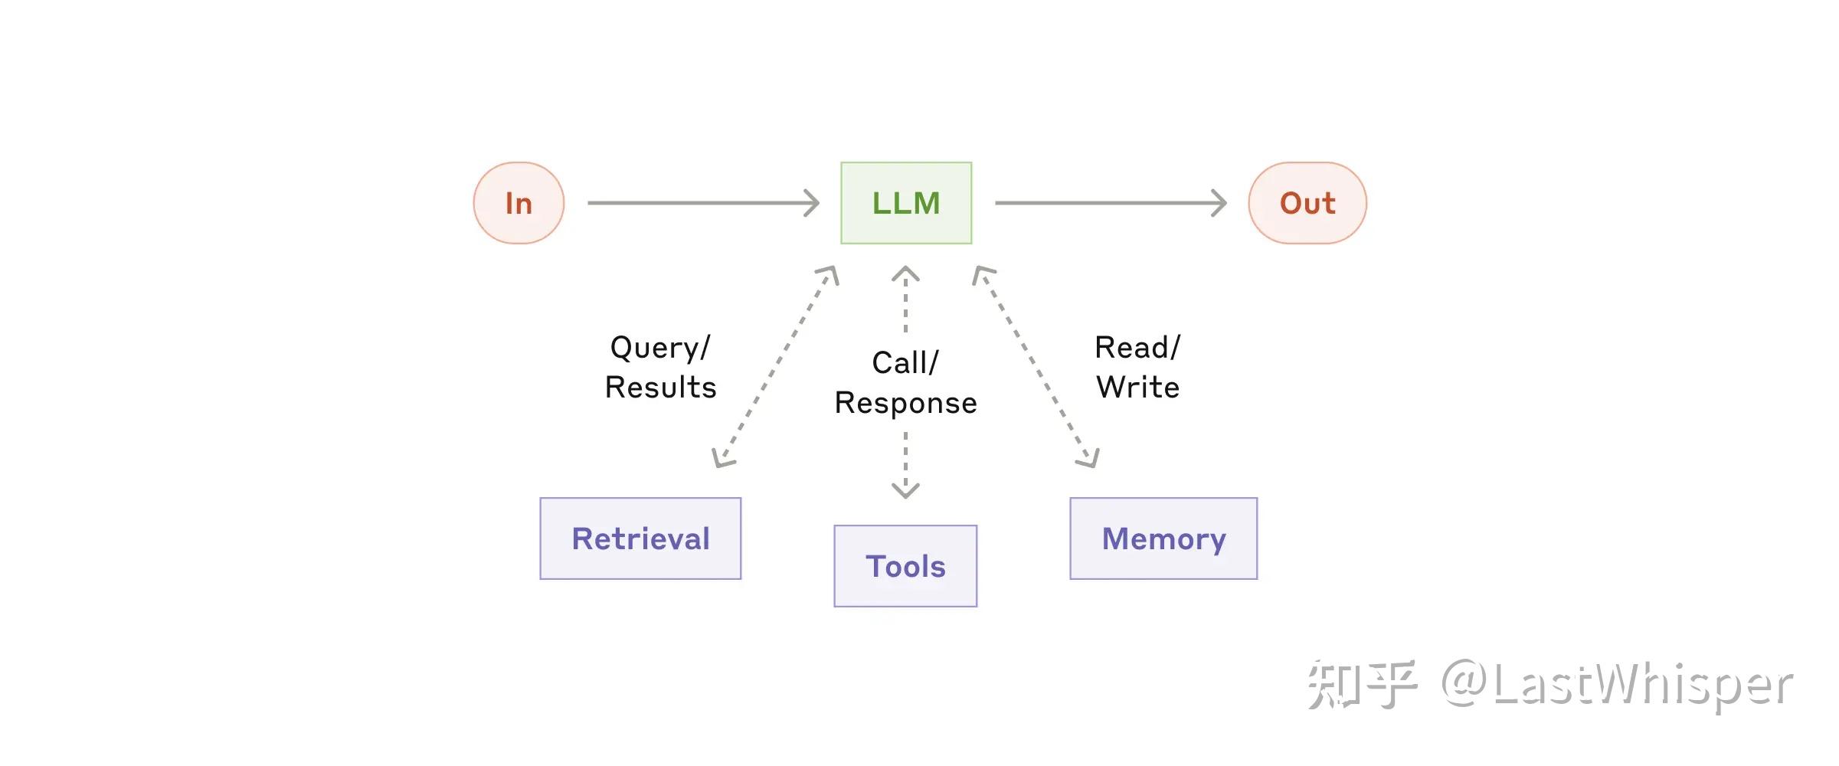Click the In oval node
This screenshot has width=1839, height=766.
pyautogui.click(x=519, y=203)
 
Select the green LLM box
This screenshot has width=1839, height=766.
pyautogui.click(x=906, y=203)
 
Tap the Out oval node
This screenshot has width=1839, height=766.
pyautogui.click(x=1307, y=203)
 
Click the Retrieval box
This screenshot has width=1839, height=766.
pyautogui.click(x=640, y=538)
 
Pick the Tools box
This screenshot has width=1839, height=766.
pyautogui.click(x=905, y=566)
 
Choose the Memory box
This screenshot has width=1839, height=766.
pyautogui.click(x=1163, y=538)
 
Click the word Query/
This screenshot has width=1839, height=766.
pyautogui.click(x=660, y=348)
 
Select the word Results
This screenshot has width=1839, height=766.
pyautogui.click(x=660, y=388)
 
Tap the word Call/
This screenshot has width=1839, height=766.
pyautogui.click(x=905, y=363)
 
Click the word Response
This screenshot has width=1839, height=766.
pyautogui.click(x=905, y=403)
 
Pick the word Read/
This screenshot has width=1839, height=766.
pyautogui.click(x=1137, y=348)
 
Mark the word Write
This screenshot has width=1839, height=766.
pyautogui.click(x=1137, y=388)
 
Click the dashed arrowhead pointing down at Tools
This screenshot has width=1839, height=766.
pyautogui.click(x=905, y=489)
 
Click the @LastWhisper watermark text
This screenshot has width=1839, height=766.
pyautogui.click(x=1616, y=684)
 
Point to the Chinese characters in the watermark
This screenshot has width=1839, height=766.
pyautogui.click(x=1361, y=684)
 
